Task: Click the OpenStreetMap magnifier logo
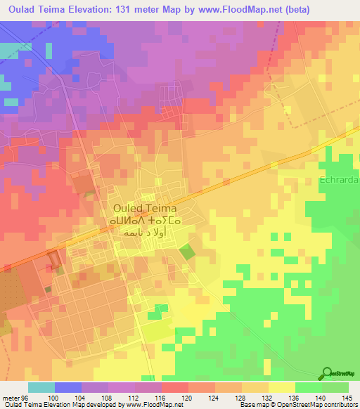click(328, 373)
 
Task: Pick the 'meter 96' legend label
click(14, 397)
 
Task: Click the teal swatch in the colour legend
click(41, 387)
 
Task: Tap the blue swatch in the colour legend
click(67, 387)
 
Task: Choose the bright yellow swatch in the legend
click(282, 387)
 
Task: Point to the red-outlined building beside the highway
click(53, 259)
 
